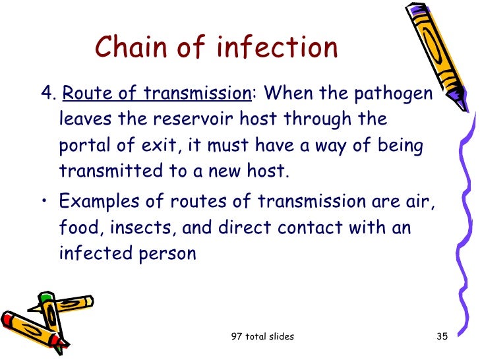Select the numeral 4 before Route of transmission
[45, 94]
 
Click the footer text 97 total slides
[262, 337]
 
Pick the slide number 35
[442, 337]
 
